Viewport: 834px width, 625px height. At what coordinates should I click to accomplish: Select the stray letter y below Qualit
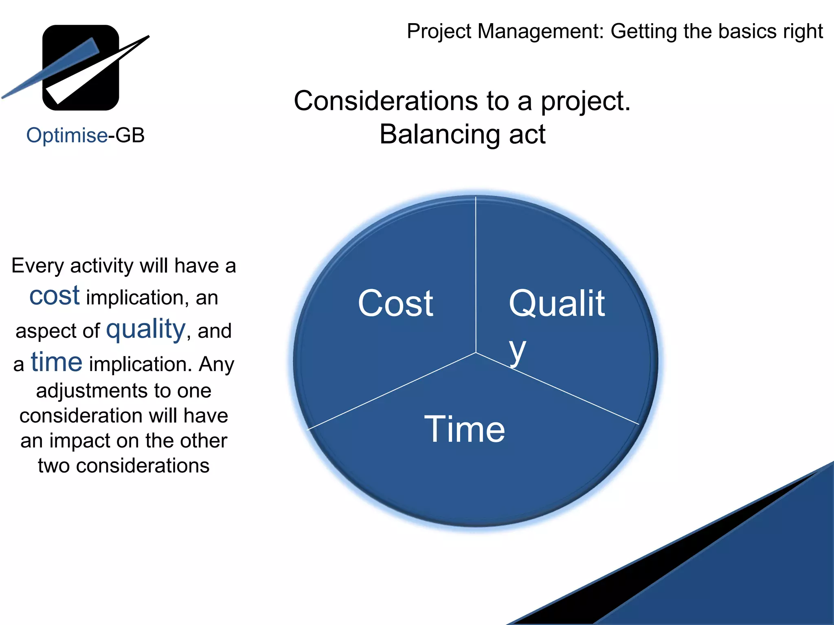518,351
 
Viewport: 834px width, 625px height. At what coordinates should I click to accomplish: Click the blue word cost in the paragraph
55,296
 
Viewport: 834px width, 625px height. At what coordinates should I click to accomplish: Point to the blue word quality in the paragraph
146,329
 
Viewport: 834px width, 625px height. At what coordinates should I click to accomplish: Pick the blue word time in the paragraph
57,362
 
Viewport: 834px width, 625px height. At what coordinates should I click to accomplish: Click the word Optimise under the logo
67,135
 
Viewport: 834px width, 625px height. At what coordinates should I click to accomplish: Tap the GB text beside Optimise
130,135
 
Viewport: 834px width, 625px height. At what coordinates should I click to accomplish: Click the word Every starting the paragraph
37,266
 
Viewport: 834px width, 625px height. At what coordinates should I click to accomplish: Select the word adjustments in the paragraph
92,391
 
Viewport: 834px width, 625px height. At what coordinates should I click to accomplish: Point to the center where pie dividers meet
476,352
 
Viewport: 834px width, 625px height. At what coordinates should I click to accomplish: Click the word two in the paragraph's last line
53,466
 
